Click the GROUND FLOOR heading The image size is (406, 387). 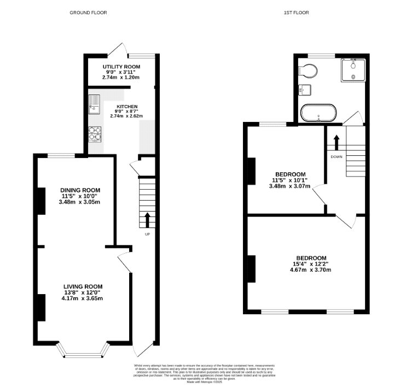point(88,12)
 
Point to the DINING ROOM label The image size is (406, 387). point(80,190)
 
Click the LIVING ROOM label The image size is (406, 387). point(83,286)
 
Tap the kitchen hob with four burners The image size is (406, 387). point(95,133)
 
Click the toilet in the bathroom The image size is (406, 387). point(308,71)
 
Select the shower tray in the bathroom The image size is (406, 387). point(353,69)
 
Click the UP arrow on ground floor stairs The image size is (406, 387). point(147,220)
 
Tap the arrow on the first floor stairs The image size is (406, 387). point(337,140)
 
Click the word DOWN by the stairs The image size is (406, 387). point(336,156)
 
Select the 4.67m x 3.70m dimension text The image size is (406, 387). point(311,269)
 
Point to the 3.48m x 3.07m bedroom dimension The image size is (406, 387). point(289,186)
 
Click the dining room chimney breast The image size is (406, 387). point(40,201)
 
